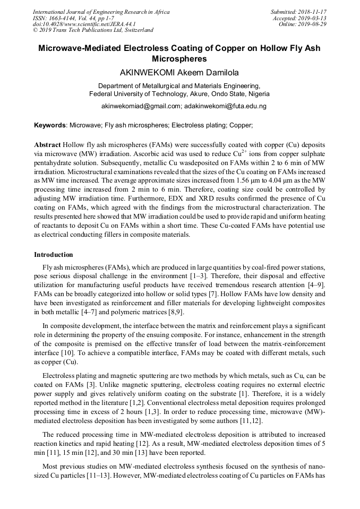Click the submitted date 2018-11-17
(311, 12)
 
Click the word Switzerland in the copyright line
(135, 31)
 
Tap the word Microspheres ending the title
(179, 59)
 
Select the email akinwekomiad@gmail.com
(140, 106)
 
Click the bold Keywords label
(50, 126)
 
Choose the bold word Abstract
(47, 145)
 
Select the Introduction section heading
(54, 255)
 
